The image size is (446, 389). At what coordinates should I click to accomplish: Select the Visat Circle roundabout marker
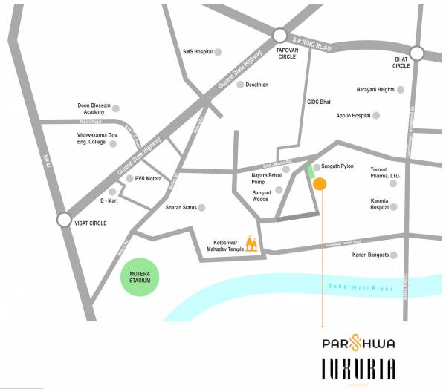(x=64, y=220)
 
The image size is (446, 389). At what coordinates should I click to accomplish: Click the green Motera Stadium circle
(x=140, y=277)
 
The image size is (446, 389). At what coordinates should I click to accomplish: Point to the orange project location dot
(x=320, y=184)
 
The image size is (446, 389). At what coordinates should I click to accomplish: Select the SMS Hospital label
(x=197, y=52)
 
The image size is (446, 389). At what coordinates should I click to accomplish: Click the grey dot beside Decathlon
(x=240, y=85)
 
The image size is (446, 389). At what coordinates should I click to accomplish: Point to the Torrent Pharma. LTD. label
(x=385, y=173)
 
